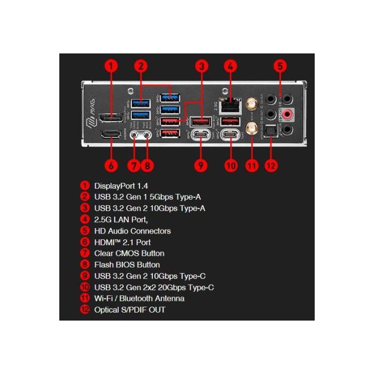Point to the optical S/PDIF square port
[x=271, y=130]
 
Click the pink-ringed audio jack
[x=288, y=114]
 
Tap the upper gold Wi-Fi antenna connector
[x=251, y=104]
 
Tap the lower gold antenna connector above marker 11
[x=251, y=129]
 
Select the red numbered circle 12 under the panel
[x=271, y=165]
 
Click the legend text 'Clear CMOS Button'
[x=129, y=253]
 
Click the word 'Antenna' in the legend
[x=169, y=299]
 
